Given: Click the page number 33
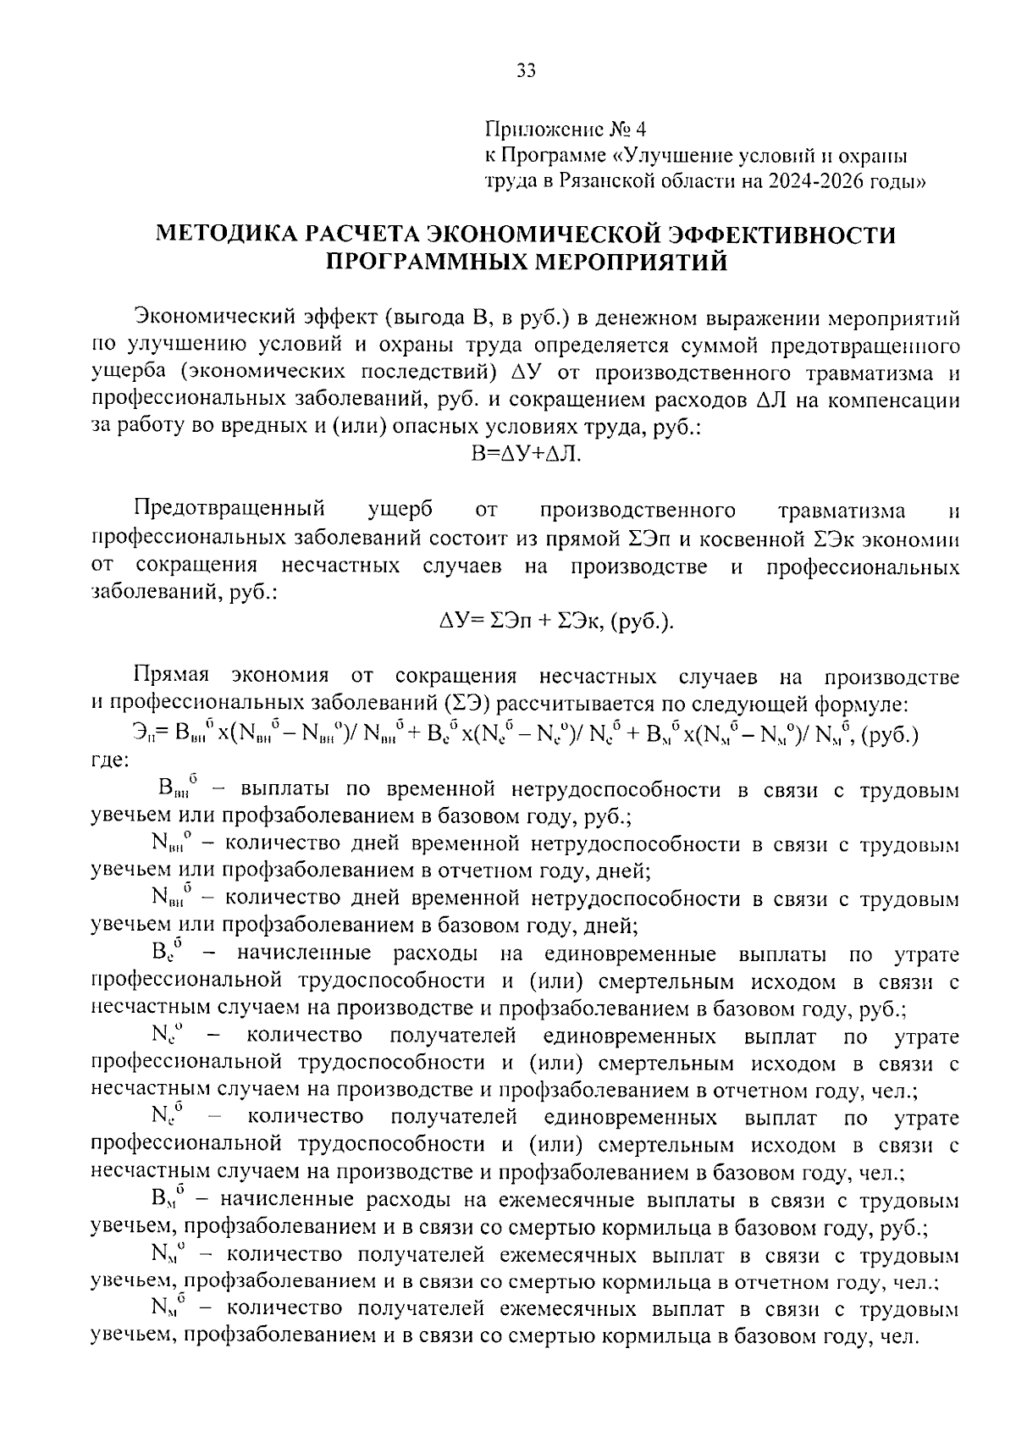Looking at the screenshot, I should pos(526,72).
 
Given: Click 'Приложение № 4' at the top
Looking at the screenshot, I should pos(565,130).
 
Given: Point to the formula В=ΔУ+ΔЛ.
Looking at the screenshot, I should pos(526,455).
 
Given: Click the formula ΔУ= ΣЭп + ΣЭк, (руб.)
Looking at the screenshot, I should pos(557,622).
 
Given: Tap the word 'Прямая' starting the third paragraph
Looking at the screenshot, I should pos(170,677).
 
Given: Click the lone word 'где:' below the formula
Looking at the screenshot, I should pos(110,760).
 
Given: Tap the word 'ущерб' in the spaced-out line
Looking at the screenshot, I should pos(400,511).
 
